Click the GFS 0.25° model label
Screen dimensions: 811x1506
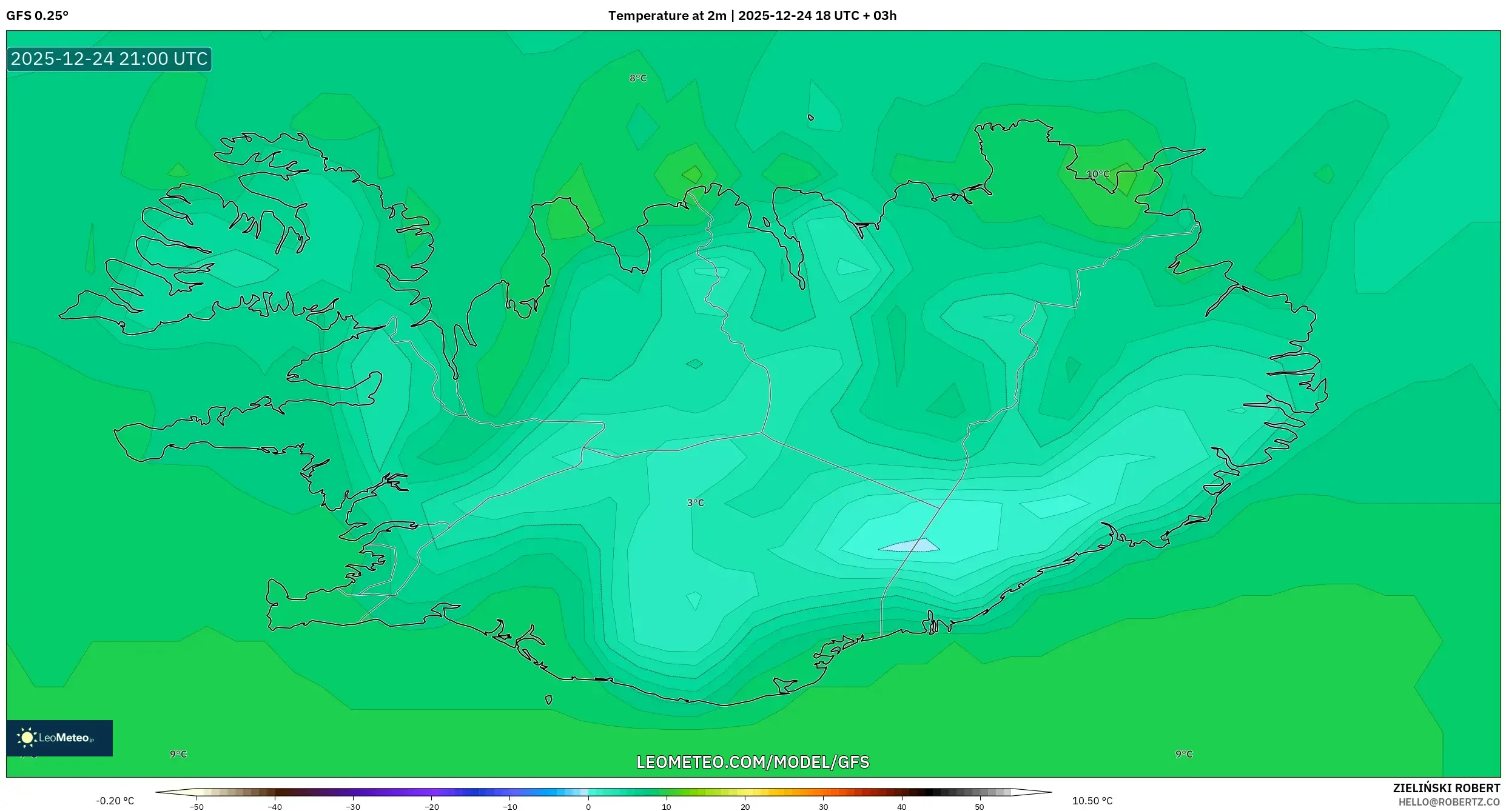point(38,16)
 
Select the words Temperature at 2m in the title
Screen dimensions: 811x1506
point(667,16)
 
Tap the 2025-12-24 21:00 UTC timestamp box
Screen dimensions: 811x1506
point(109,59)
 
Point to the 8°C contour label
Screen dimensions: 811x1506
point(638,78)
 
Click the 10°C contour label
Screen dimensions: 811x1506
point(1097,174)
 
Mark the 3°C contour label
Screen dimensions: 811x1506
point(696,502)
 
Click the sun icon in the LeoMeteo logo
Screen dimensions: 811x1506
point(27,738)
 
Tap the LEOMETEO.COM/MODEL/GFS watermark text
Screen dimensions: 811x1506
point(752,762)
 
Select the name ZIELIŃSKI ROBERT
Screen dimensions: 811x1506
point(1446,788)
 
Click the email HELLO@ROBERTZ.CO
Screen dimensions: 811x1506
point(1449,802)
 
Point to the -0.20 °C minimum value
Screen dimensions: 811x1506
point(115,801)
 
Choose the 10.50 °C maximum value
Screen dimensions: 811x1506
point(1092,801)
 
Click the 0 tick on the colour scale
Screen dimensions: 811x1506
point(588,806)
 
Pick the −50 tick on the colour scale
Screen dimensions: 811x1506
point(196,806)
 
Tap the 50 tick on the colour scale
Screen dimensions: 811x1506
point(980,806)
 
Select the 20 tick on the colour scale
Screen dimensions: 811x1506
point(745,806)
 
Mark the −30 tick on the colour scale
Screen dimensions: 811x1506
point(353,806)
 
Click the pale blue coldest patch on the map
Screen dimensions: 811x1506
point(910,546)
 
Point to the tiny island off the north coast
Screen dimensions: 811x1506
point(811,118)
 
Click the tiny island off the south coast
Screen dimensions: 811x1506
point(548,699)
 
